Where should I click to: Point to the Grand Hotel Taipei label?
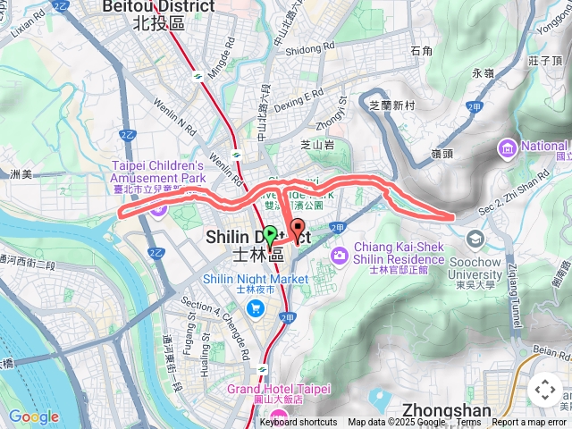278,390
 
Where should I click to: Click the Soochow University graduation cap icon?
475,240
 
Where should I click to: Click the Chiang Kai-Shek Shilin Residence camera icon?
340,257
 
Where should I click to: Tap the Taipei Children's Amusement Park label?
159,171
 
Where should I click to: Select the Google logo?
33,416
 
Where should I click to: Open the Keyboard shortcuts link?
299,423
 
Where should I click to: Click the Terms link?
468,423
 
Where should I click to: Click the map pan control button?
544,390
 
